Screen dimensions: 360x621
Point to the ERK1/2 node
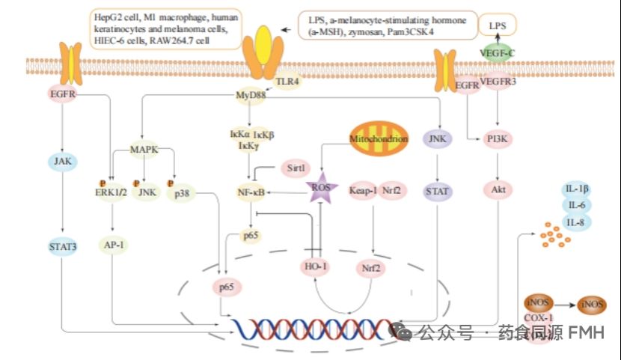click(x=110, y=191)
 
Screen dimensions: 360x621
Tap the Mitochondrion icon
click(x=379, y=139)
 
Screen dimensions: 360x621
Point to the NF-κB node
click(x=252, y=192)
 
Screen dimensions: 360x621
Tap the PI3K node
click(x=495, y=138)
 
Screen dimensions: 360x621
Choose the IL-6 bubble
click(x=576, y=204)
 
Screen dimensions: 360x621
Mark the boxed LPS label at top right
click(x=498, y=25)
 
